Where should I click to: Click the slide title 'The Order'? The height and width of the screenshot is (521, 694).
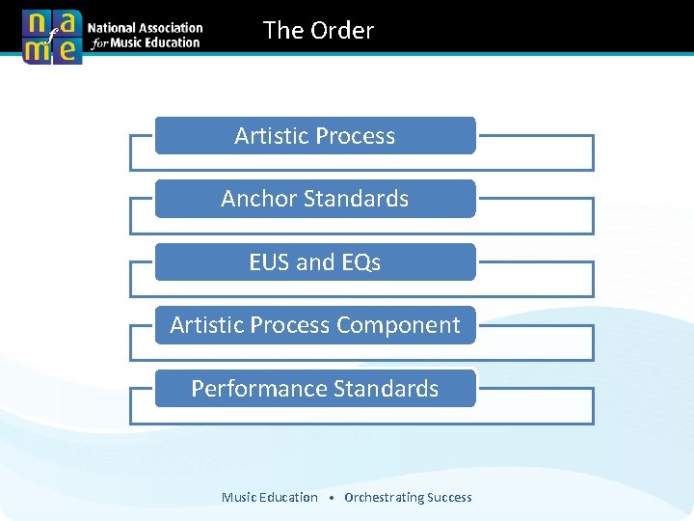pos(318,31)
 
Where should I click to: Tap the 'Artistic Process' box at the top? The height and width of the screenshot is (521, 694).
pos(315,136)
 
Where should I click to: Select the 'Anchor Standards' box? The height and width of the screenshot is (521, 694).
pos(315,199)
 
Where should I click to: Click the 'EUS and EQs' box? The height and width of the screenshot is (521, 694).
pos(315,262)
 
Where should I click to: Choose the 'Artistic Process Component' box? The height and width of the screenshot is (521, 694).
pos(315,325)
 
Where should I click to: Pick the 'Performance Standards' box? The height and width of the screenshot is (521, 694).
pos(315,389)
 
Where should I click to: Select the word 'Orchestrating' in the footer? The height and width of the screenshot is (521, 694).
pos(383,498)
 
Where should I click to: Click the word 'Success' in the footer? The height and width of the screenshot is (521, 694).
pos(449,498)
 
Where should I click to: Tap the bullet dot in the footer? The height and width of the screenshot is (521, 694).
pos(331,499)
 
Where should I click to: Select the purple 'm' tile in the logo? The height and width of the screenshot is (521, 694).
pos(37,50)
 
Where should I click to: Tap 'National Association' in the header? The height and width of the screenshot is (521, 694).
pos(146,29)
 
